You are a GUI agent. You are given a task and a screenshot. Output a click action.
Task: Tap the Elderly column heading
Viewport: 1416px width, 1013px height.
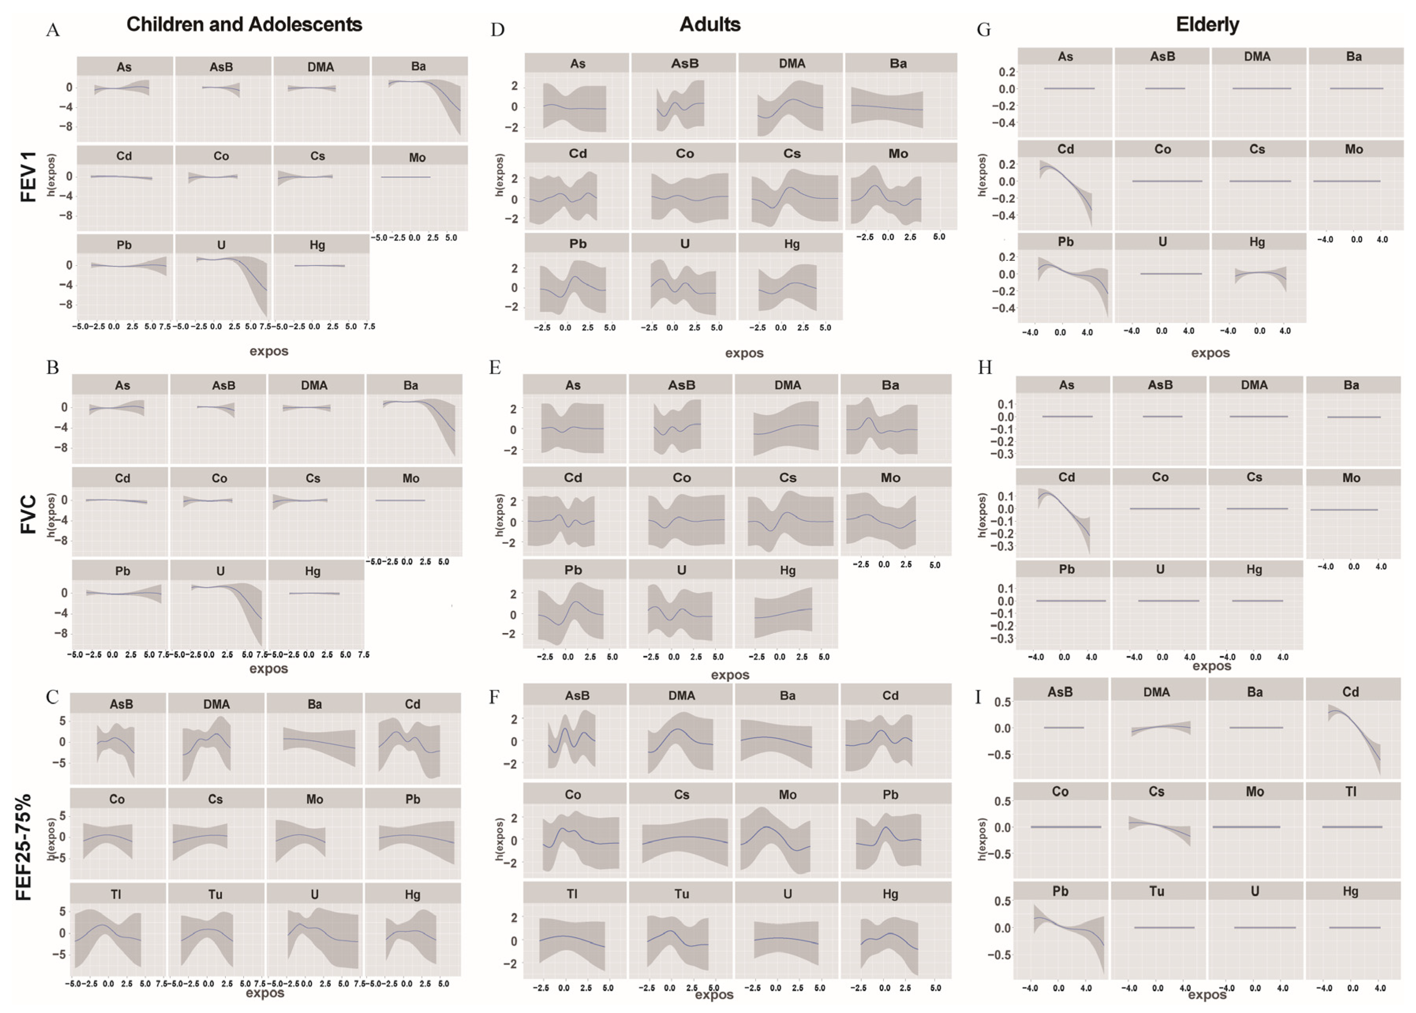click(1207, 24)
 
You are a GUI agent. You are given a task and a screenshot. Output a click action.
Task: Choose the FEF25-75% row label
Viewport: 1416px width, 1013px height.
click(24, 846)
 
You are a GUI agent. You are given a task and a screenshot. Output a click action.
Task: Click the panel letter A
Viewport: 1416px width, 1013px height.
click(53, 30)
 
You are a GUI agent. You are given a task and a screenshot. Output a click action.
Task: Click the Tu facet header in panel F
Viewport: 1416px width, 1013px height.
click(681, 894)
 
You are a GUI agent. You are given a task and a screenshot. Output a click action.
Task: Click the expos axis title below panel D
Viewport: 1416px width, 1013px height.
click(744, 353)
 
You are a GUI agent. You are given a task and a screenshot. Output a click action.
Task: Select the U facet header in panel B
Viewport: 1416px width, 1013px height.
click(220, 571)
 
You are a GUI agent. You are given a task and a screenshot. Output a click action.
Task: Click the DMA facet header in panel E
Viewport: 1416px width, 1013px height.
click(788, 385)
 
